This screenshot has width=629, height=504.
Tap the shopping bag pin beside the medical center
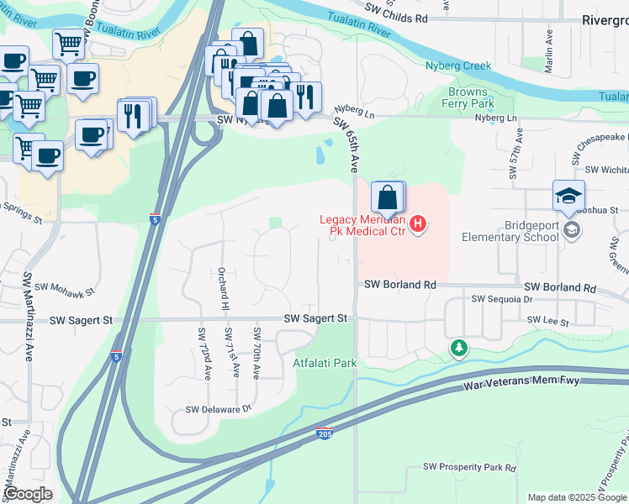[386, 199]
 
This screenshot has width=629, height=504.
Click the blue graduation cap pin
[568, 197]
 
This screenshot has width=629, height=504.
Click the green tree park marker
[458, 348]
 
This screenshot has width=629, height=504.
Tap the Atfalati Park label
[325, 363]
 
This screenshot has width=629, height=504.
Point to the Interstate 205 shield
[325, 434]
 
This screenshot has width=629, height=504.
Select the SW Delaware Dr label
[219, 410]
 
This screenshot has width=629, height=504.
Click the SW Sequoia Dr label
[502, 299]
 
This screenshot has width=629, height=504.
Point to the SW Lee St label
[547, 321]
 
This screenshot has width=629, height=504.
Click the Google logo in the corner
[29, 494]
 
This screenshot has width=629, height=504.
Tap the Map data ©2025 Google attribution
[576, 497]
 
